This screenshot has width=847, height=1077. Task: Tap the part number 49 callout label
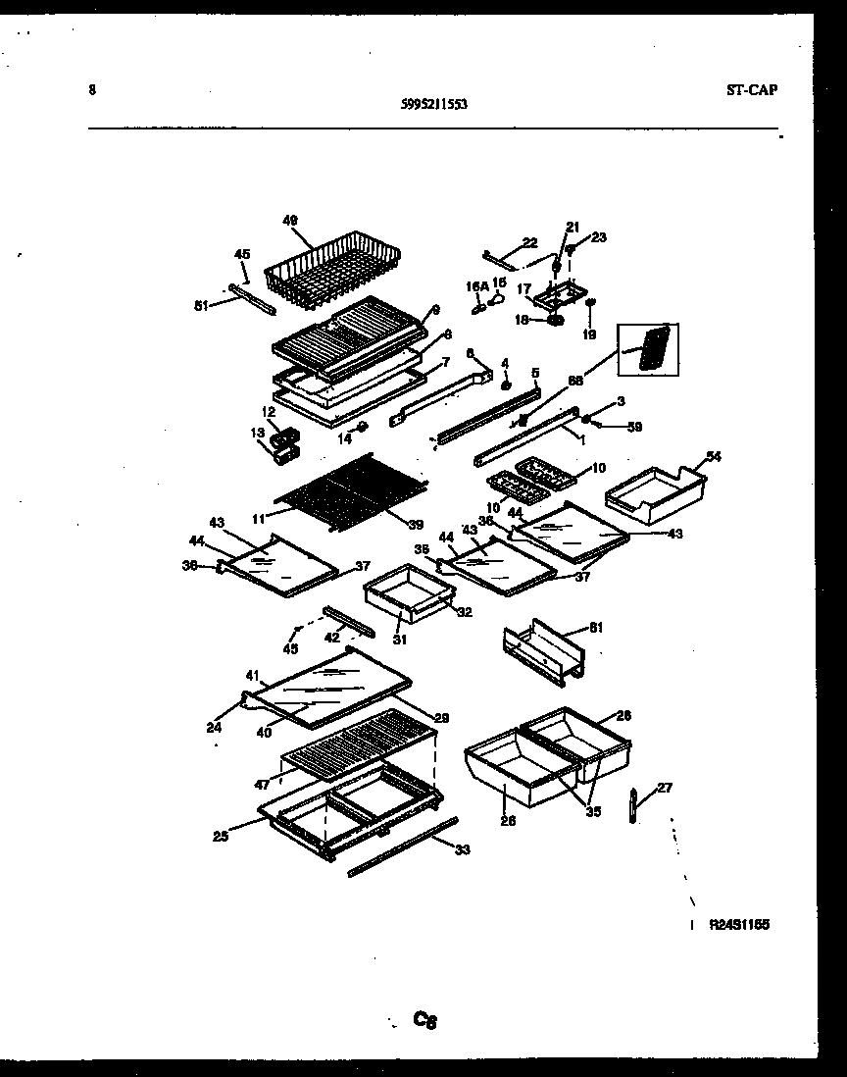[290, 220]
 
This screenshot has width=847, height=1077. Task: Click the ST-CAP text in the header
[752, 91]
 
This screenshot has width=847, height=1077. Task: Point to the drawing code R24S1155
[739, 924]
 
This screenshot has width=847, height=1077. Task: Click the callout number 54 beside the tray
[713, 456]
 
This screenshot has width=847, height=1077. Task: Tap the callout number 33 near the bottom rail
[462, 849]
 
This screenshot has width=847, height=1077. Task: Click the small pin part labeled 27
[633, 805]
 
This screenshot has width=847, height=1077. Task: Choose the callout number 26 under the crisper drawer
[507, 821]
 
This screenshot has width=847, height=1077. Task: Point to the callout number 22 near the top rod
[530, 242]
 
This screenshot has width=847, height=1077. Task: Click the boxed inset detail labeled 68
[648, 347]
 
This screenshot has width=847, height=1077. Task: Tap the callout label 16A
[475, 285]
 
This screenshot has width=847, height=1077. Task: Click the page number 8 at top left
[91, 90]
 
